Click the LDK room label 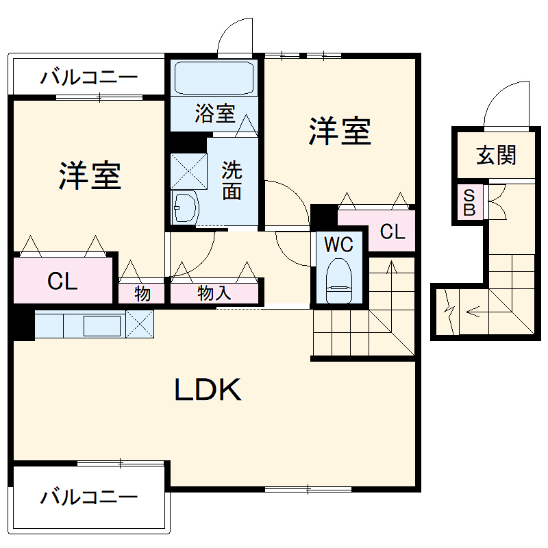coord(208,390)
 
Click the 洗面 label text coord(232,180)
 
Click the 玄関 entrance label coord(496,155)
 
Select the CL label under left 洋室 coord(62,281)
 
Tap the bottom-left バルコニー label coord(88,496)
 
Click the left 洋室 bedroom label coord(89,176)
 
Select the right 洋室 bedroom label coord(340,132)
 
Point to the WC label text coord(338,244)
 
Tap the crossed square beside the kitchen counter coord(140,323)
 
